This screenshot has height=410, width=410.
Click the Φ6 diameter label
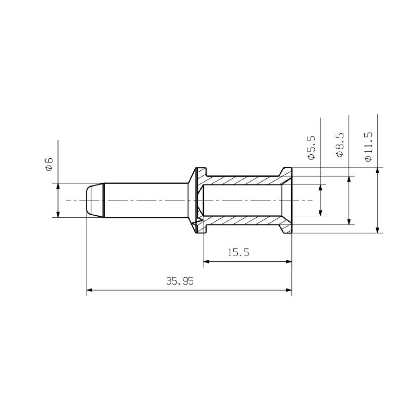pos(49,164)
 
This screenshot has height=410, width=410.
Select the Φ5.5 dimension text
pos(312,148)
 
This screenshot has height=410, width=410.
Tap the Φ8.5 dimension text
pos(340,145)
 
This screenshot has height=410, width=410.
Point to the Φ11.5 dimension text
pos(368,147)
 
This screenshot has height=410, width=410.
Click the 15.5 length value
pos(238,253)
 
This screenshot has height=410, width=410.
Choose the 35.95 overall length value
pos(180,281)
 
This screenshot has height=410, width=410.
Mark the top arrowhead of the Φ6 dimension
pos(58,186)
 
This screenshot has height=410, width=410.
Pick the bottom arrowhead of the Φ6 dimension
pos(58,214)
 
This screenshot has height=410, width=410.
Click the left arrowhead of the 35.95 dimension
pos(89,290)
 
